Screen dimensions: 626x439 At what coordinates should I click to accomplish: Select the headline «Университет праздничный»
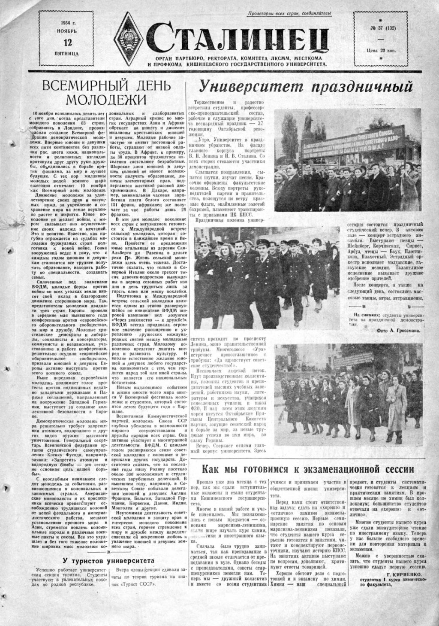pos(305,86)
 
